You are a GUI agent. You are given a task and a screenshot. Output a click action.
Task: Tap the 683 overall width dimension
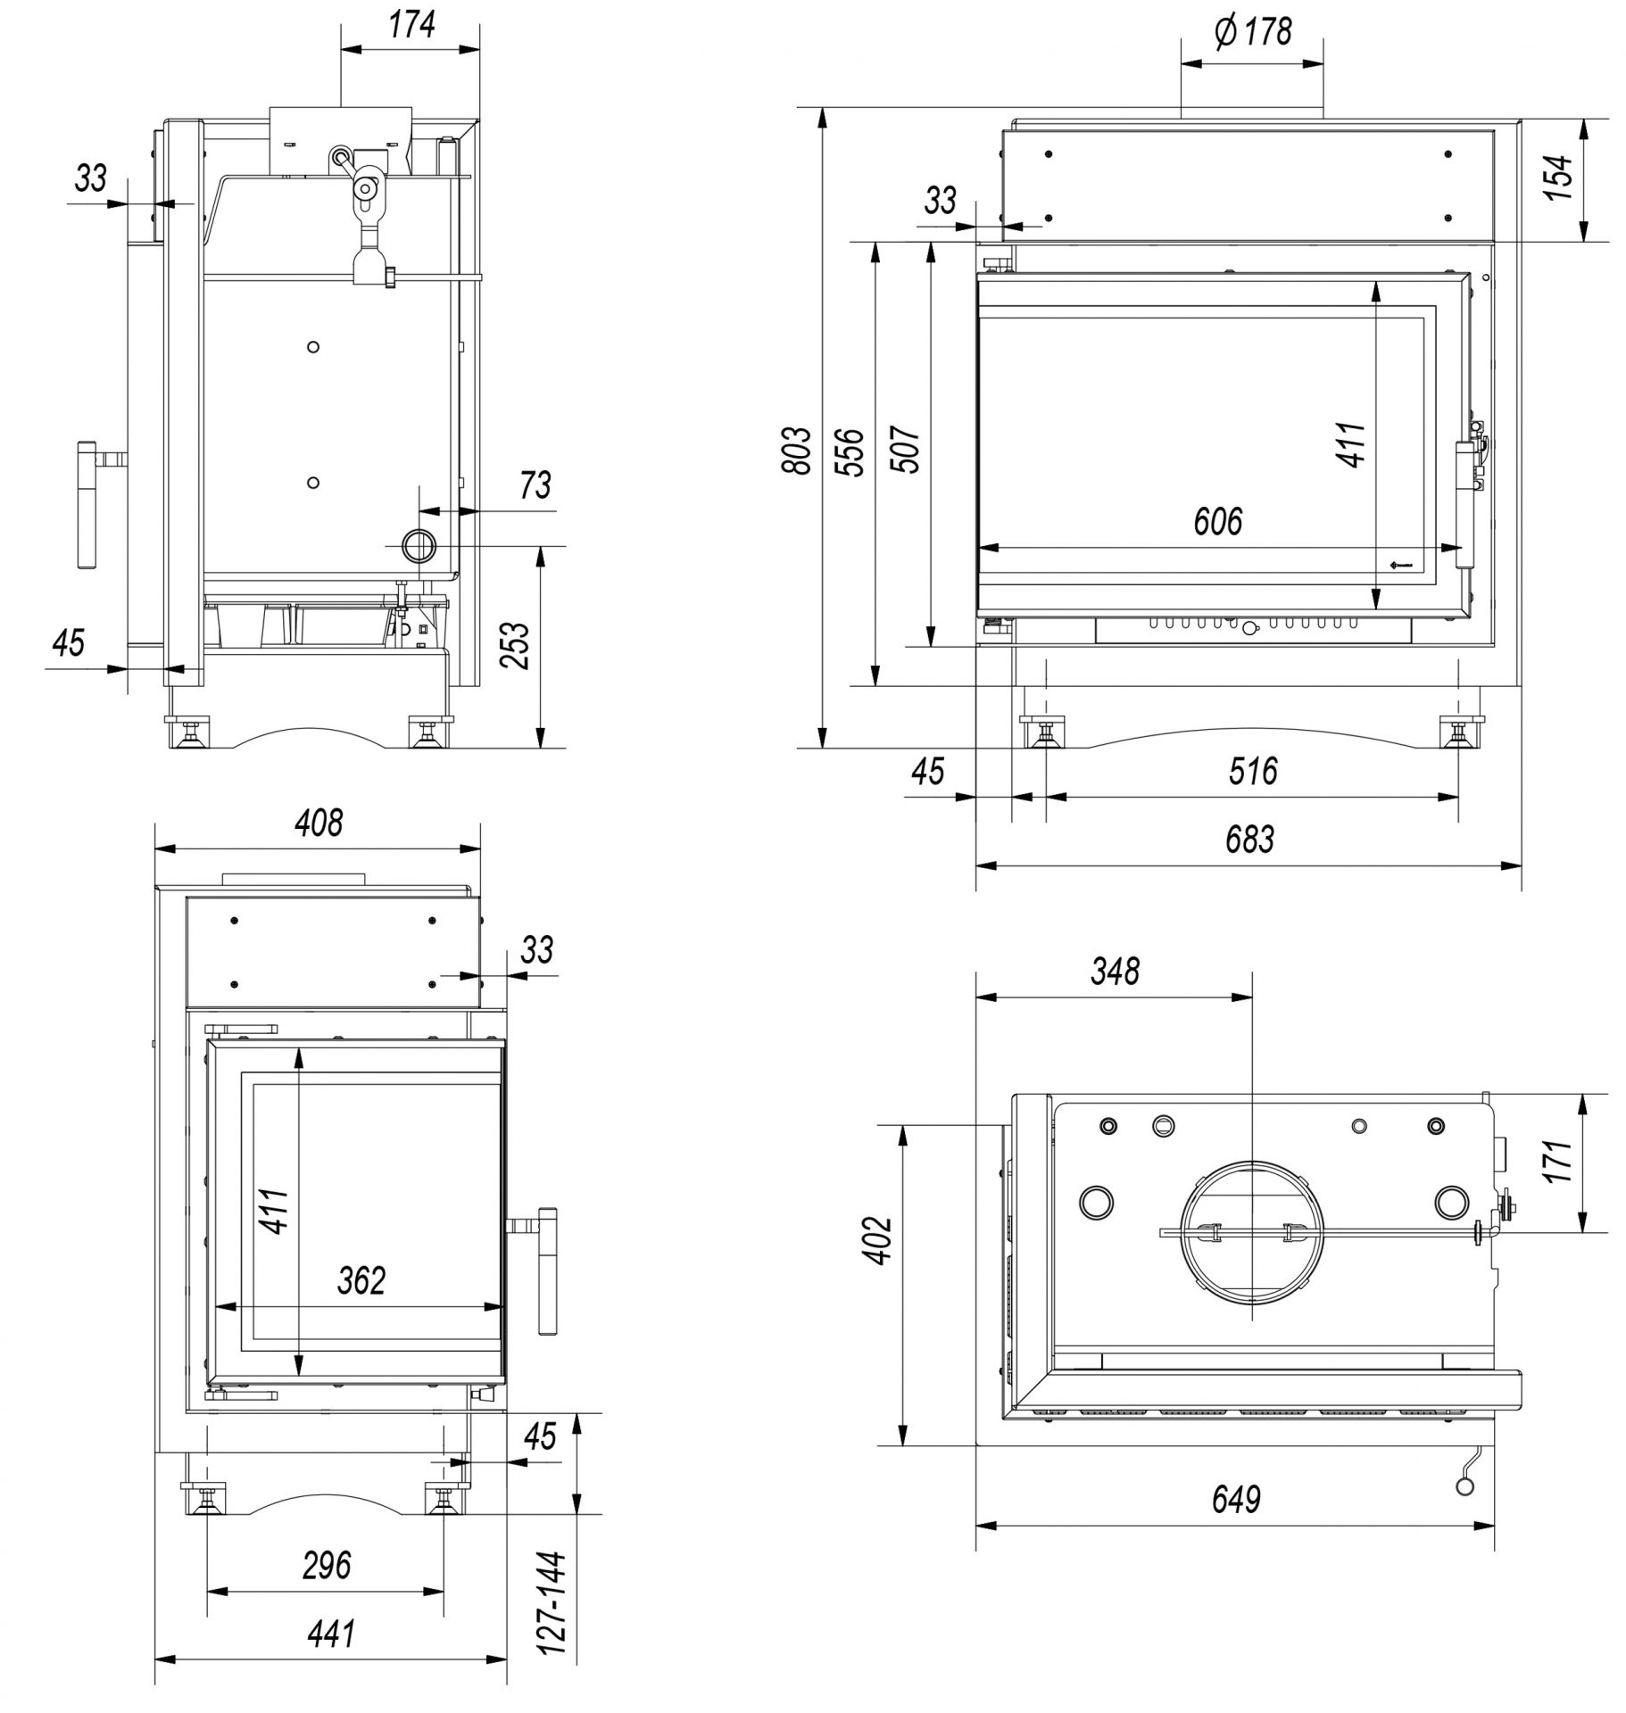(x=1249, y=839)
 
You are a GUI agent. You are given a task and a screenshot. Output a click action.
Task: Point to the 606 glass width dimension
(x=1218, y=522)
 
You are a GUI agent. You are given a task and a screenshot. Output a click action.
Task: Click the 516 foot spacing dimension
(x=1253, y=771)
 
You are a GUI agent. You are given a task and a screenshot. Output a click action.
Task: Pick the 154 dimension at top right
(x=1557, y=178)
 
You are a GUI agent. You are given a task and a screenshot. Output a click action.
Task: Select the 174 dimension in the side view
(x=411, y=25)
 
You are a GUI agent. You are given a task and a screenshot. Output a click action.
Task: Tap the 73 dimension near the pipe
(x=535, y=485)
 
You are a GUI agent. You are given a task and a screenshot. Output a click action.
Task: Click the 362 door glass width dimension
(x=361, y=1281)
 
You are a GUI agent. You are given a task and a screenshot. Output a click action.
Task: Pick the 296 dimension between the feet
(x=326, y=1565)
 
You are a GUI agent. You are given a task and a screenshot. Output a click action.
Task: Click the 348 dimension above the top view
(x=1115, y=971)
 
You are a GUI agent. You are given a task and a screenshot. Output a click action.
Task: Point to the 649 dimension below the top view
(x=1236, y=1501)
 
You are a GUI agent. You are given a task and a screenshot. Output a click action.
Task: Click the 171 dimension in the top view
(x=1559, y=1161)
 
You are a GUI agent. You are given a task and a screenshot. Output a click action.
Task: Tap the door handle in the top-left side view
(x=88, y=505)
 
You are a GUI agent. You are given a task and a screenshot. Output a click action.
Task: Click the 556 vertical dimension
(x=852, y=452)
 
